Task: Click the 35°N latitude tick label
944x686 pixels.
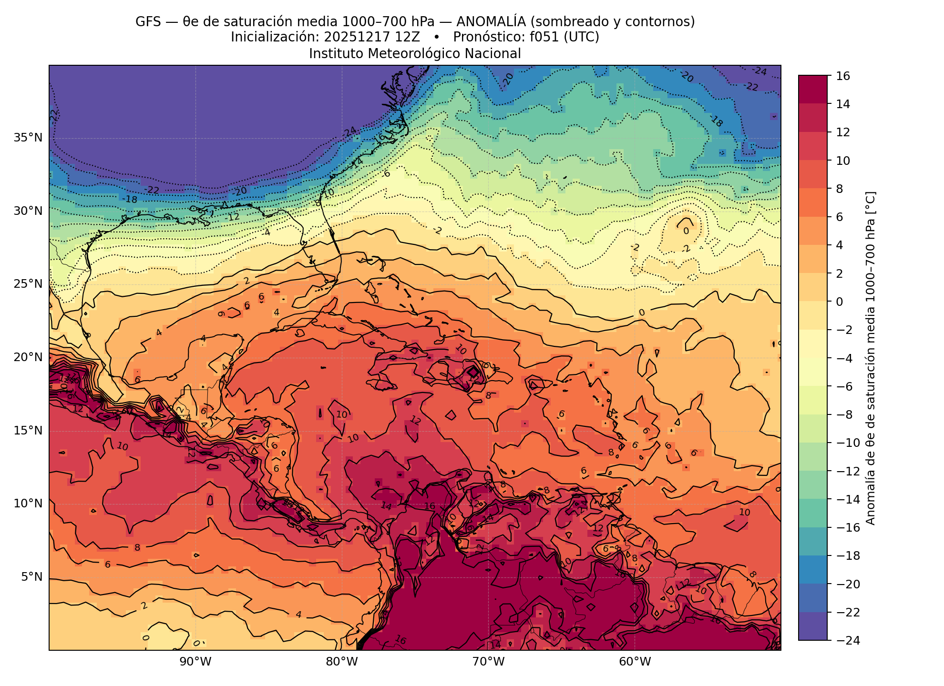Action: pyautogui.click(x=28, y=138)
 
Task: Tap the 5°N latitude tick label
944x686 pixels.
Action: pyautogui.click(x=31, y=577)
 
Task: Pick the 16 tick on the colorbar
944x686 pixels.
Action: pyautogui.click(x=842, y=76)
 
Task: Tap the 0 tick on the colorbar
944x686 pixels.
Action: pyautogui.click(x=840, y=302)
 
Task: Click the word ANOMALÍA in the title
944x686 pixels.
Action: pyautogui.click(x=491, y=22)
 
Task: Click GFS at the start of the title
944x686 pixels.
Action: pyautogui.click(x=148, y=22)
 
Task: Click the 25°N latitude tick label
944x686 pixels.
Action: pyautogui.click(x=28, y=284)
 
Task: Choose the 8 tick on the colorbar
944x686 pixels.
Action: pyautogui.click(x=840, y=189)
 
